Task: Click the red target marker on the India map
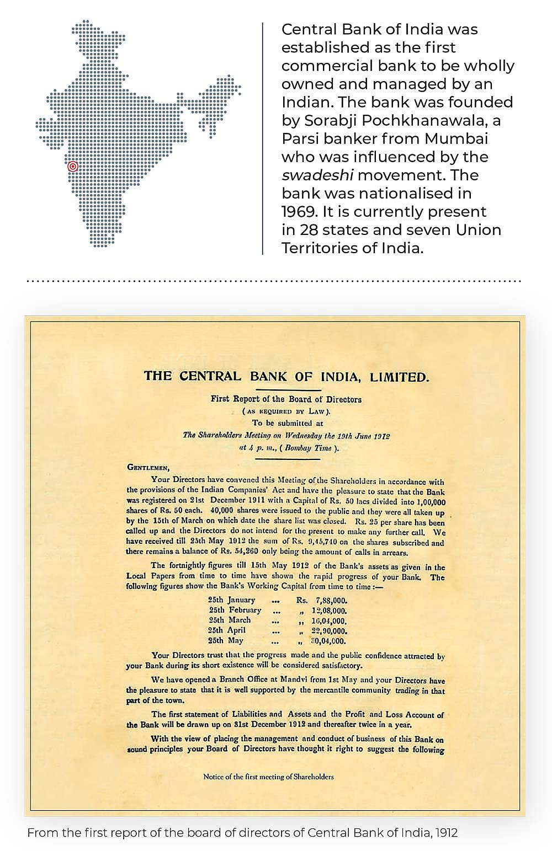coord(73,166)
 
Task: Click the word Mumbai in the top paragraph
coord(456,138)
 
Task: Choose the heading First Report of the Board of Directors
coord(286,399)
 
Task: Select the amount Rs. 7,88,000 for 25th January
coord(321,600)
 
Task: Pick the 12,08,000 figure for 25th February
coord(329,611)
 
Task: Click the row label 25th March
coord(230,620)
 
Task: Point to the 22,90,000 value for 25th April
coord(329,630)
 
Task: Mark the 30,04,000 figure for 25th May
coord(329,641)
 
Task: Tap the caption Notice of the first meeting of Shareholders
coord(268,777)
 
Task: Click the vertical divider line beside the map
coord(263,138)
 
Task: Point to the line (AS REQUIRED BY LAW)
coord(286,411)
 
